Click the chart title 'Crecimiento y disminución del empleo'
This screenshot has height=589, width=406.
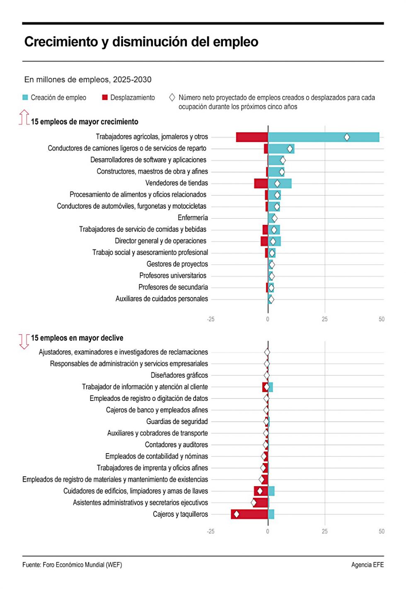pos(141,42)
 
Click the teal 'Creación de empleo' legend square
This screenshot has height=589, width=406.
pos(25,98)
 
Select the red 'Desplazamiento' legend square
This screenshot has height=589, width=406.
pos(105,98)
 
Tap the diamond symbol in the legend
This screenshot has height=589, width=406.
pos(172,98)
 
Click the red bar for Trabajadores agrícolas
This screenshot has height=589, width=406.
pos(252,137)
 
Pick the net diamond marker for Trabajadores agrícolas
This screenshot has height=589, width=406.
pos(347,137)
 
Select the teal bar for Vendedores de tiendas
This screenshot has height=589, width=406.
pos(280,183)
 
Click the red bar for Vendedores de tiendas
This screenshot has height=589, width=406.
pos(261,183)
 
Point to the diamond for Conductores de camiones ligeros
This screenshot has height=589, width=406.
pos(290,149)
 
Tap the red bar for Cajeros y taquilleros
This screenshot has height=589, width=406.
pos(249,514)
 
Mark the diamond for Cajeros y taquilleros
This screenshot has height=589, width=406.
pos(237,514)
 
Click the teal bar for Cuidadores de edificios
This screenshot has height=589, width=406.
pos(271,491)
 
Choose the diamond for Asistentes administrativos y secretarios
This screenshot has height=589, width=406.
pos(254,502)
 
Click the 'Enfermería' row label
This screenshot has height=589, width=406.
pos(193,218)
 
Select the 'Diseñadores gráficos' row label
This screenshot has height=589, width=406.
pos(179,375)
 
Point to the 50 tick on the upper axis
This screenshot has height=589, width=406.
pos(382,319)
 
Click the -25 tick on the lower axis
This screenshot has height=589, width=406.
pos(210,531)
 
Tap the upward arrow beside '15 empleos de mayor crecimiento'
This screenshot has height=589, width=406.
pos(24,117)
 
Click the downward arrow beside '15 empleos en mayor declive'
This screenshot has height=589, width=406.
pos(24,342)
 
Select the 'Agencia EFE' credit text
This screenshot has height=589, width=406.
pos(367,565)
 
